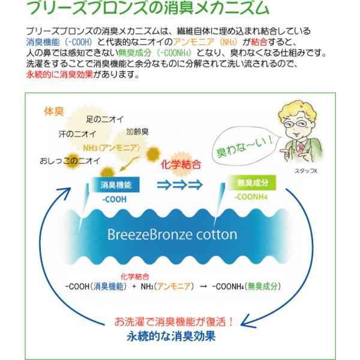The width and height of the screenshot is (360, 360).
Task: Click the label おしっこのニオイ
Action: click(70, 161)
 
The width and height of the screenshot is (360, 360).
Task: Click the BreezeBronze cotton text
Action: click(173, 235)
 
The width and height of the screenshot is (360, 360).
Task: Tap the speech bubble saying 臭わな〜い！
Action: click(248, 142)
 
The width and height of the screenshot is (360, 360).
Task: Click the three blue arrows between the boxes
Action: click(180, 185)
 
